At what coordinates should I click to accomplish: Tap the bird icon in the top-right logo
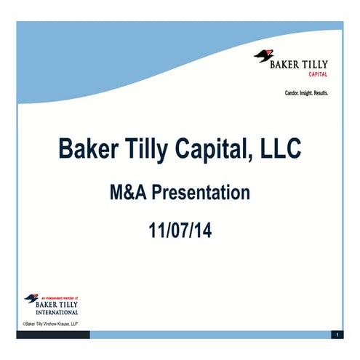[263, 55]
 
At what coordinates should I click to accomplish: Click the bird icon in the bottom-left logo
[31, 298]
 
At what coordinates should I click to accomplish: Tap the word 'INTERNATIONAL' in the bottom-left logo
[57, 311]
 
